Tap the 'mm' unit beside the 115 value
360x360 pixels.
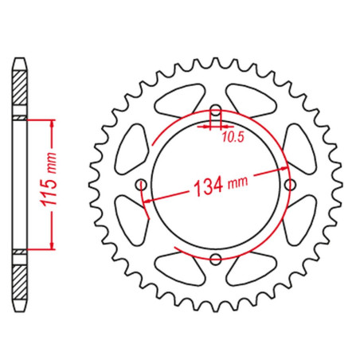click(x=52, y=162)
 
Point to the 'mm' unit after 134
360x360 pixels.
click(x=237, y=182)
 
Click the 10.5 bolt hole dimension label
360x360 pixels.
click(x=233, y=137)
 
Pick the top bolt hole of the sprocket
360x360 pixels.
click(x=216, y=111)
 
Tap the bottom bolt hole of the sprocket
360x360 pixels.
click(x=216, y=259)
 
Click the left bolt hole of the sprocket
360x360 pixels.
click(x=141, y=185)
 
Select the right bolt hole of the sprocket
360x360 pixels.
click(x=290, y=185)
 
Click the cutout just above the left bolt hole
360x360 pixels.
click(x=131, y=149)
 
